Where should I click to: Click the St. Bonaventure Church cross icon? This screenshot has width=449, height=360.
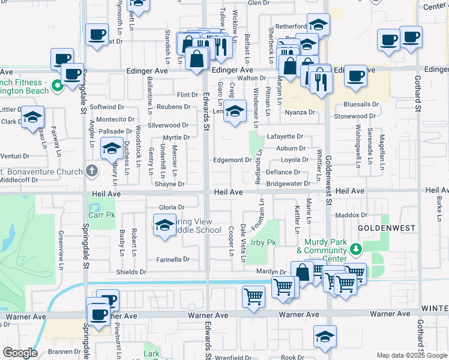[91, 171]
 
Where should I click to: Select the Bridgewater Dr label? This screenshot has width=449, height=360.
[288, 184]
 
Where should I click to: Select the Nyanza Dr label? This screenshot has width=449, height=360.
[300, 112]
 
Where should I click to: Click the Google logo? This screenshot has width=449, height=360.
[20, 353]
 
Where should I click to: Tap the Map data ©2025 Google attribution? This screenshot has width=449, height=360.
[412, 355]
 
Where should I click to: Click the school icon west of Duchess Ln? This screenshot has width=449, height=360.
[112, 149]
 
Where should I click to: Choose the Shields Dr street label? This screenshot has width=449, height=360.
[131, 272]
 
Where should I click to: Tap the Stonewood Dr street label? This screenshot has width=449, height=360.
[355, 116]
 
